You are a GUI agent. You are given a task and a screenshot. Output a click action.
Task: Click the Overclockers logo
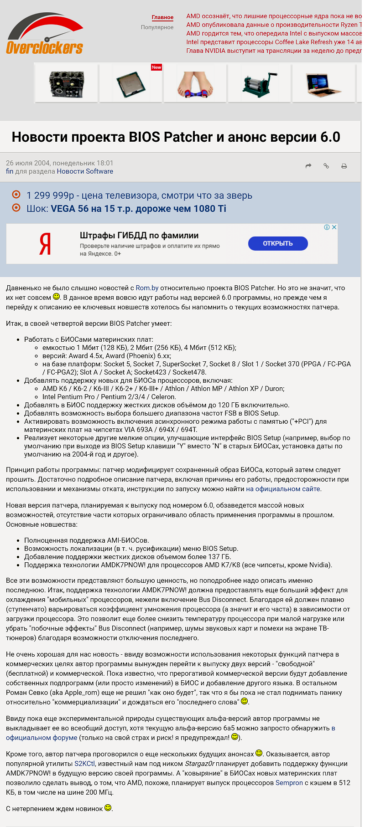coord(45,35)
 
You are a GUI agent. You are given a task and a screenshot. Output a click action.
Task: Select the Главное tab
coord(162,17)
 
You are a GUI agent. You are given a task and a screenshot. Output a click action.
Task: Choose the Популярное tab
coord(157,27)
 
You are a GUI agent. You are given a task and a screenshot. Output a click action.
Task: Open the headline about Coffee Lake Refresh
coord(274,42)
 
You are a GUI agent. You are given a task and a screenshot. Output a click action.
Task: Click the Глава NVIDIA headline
coord(274,51)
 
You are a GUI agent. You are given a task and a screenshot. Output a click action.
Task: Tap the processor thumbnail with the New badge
coord(131,83)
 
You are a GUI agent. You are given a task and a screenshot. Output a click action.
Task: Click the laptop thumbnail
coord(323,83)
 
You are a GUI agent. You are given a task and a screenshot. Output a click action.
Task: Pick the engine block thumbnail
coord(67,83)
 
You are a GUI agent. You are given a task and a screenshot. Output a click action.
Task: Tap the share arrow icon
coord(308,166)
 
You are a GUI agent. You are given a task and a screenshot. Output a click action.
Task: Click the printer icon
coord(344,166)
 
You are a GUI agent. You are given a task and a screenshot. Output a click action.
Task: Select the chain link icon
coord(326,166)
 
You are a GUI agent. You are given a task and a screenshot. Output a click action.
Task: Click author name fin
coord(10,171)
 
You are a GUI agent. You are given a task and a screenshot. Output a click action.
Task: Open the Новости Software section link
coord(85,171)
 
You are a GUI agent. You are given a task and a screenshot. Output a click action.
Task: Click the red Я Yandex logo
coord(45,244)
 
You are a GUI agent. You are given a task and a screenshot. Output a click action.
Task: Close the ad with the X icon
coord(334,227)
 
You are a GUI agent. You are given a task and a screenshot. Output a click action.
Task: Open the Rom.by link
coord(147,288)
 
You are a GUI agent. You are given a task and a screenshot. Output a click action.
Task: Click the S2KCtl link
coord(84,764)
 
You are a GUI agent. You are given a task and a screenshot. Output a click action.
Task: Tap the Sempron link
coord(289,783)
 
